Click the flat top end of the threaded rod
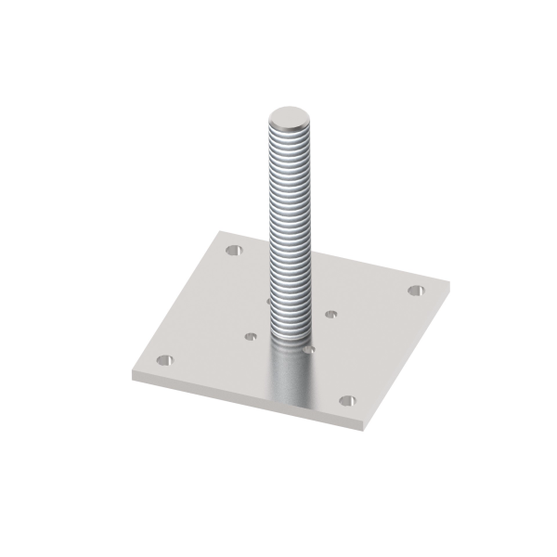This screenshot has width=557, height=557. (x=290, y=119)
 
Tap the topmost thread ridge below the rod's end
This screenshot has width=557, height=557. (x=290, y=136)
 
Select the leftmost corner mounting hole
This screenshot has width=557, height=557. (x=164, y=359)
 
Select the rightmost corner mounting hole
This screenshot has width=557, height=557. (x=416, y=291)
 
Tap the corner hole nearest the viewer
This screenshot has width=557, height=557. (x=347, y=401)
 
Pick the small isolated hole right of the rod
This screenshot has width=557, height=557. (x=330, y=314)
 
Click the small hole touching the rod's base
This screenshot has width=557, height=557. (x=309, y=350)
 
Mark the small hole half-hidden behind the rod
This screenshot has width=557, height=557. (x=267, y=301)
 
